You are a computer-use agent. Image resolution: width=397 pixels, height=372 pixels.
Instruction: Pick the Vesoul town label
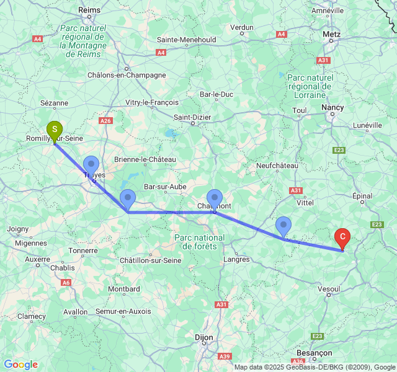329,289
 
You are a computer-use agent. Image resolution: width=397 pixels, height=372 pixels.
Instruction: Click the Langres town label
236,259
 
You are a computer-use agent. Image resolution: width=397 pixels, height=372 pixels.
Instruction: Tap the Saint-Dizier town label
192,117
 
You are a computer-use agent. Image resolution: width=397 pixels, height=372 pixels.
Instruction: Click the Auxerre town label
37,259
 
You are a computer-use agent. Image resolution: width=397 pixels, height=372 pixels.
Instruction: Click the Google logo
20,365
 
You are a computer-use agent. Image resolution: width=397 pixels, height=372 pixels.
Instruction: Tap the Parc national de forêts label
200,242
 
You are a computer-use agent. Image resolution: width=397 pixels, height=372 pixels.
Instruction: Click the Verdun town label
242,27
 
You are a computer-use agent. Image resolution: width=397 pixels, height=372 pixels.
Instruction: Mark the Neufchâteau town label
277,166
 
